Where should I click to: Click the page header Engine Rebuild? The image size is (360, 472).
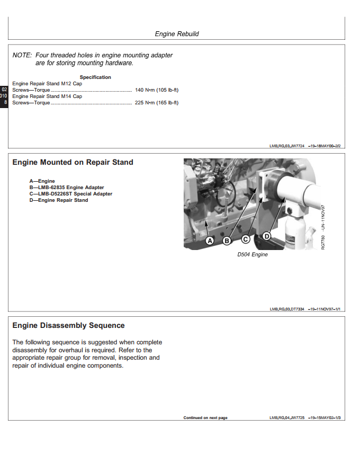coord(177,34)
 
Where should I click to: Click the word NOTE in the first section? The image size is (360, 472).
coord(22,55)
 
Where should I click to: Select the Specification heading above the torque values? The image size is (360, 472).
coord(95,77)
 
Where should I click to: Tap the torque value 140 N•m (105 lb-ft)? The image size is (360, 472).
coord(157,90)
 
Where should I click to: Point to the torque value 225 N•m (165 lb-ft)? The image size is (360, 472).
coord(157,103)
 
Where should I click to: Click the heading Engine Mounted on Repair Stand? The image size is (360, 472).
coord(73,163)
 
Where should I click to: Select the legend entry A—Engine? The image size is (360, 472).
coord(42,181)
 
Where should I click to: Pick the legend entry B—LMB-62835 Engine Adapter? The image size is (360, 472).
coord(67,188)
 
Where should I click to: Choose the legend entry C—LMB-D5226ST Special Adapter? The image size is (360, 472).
coord(71,194)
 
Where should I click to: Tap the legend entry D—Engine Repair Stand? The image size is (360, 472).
coord(59,200)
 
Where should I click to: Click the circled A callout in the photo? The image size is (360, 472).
coord(210,241)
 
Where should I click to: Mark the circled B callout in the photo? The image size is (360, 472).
coord(227,241)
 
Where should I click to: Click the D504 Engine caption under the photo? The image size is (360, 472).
coord(252,255)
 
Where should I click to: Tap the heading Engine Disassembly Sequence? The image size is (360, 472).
coord(68,326)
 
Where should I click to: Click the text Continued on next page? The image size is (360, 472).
coord(205,418)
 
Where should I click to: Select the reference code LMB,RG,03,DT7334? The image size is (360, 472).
coord(287,308)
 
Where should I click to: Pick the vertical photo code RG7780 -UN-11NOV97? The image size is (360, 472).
coord(323,228)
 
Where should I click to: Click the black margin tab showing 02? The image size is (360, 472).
coord(4,88)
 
